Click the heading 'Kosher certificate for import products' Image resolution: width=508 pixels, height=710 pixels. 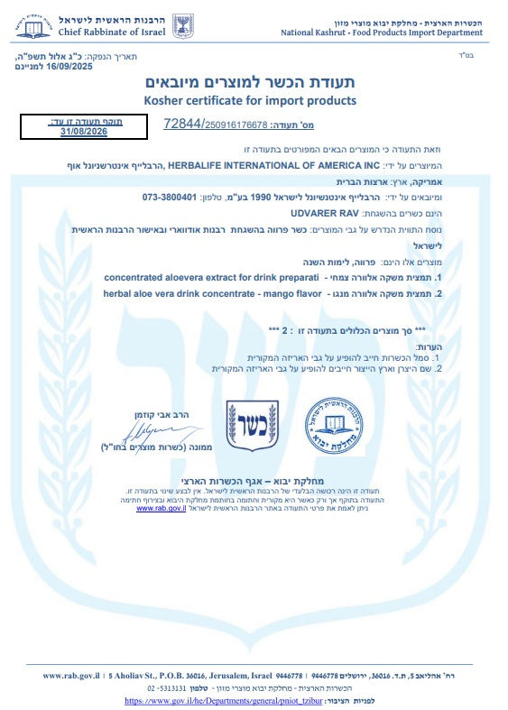pos(250,99)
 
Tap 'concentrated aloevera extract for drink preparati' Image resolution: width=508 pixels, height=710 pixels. pos(206,278)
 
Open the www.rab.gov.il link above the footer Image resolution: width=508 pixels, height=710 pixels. pos(160,509)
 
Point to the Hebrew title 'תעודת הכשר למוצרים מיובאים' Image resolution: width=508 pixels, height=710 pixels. pos(251,82)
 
